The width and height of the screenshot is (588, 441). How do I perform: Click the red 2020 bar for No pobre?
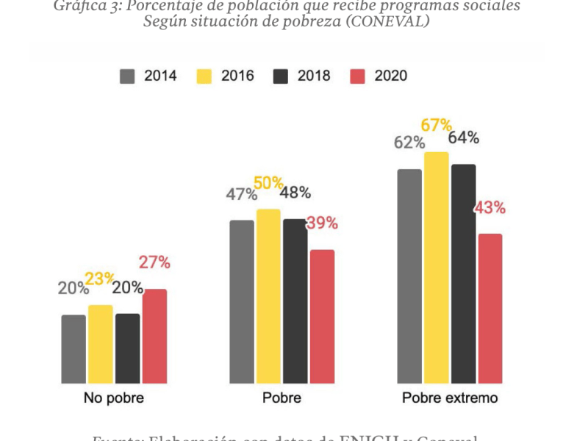pos(154,336)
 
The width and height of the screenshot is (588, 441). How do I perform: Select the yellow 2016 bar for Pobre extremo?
pos(436,268)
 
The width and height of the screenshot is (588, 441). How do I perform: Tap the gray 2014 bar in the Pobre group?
pos(242,301)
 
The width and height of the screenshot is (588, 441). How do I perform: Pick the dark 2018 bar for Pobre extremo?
pos(463,273)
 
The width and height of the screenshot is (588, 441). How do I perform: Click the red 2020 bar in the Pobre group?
pos(322,316)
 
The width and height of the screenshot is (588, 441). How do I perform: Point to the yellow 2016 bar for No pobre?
pos(101,344)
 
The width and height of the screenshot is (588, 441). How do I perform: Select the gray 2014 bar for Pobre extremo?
pos(409,276)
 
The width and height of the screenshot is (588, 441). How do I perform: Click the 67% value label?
pos(437,126)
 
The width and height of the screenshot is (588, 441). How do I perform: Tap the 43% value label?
pos(490,208)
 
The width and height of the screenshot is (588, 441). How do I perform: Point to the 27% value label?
pos(154,262)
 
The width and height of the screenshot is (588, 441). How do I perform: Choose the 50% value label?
pos(269,182)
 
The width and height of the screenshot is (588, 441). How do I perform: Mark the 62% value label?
pos(409,143)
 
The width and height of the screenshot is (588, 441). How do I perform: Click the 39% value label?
pos(322,223)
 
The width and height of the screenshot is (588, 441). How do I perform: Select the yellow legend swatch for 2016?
pos(205,76)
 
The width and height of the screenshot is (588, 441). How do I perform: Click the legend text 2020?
pos(390,76)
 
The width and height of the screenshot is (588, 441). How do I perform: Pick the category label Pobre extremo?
pos(450,398)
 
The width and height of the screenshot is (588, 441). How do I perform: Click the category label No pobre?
pos(114,398)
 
